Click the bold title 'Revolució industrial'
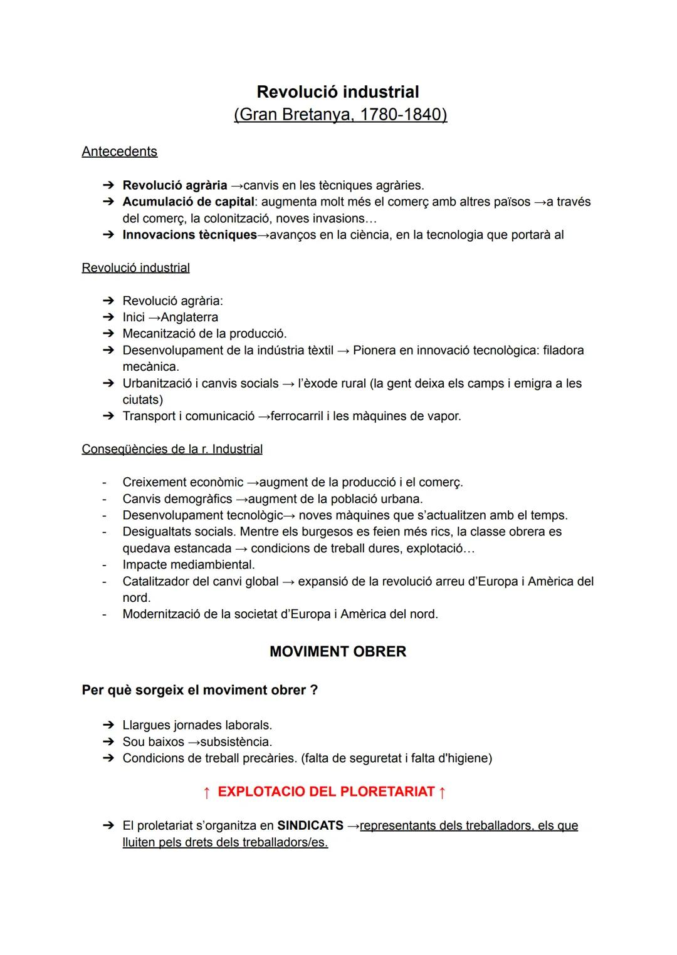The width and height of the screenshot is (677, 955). click(x=338, y=92)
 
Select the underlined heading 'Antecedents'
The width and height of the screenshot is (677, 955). click(x=119, y=152)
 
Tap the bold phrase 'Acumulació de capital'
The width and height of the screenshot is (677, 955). click(x=188, y=202)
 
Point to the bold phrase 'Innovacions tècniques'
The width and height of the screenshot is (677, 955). click(x=189, y=235)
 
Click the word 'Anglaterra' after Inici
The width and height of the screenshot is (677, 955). click(x=189, y=317)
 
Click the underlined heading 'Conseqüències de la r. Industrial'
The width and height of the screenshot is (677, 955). click(x=172, y=449)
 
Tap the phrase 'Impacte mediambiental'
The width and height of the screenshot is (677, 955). click(x=187, y=565)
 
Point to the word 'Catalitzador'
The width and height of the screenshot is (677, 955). click(x=155, y=581)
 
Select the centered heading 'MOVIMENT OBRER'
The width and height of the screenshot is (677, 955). click(x=338, y=652)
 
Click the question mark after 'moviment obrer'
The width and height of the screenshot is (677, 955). click(x=314, y=690)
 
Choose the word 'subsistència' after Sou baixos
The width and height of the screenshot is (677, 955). click(x=236, y=742)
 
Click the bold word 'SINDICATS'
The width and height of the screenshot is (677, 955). click(x=310, y=826)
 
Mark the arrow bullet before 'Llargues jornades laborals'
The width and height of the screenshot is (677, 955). click(x=108, y=725)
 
